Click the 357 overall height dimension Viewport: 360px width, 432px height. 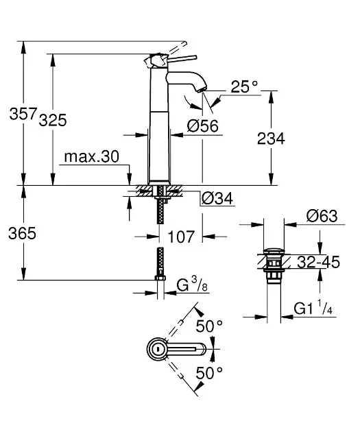point(23,113)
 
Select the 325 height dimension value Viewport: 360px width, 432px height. point(53,120)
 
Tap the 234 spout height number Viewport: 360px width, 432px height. point(271,139)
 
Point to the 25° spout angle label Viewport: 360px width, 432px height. point(244,86)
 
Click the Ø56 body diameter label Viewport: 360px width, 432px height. point(203,126)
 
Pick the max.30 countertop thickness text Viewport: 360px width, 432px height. point(92,156)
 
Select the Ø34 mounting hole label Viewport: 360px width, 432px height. point(217,198)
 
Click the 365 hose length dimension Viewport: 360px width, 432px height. point(23,233)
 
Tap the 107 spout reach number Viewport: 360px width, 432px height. point(181,237)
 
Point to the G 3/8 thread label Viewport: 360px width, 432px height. point(192,285)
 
